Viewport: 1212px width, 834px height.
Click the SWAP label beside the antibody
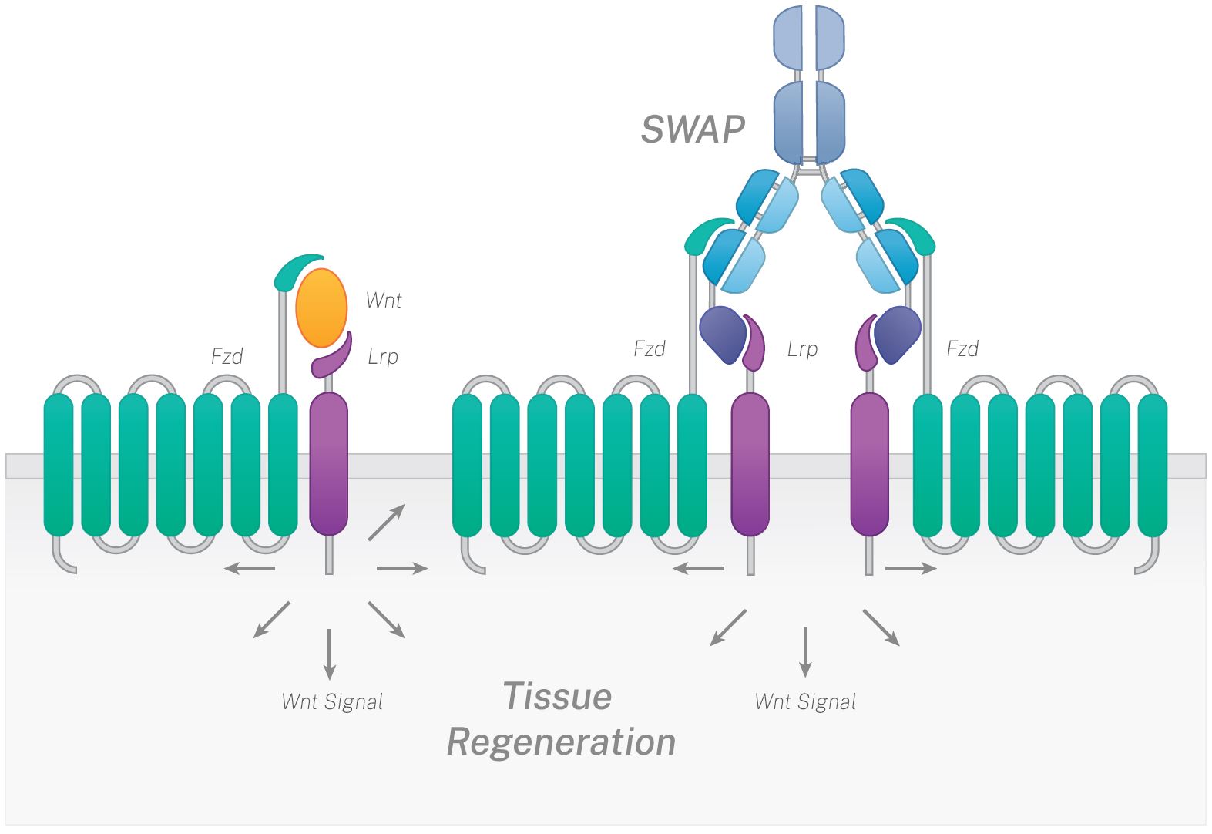tap(693, 129)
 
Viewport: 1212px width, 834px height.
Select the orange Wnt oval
tap(321, 308)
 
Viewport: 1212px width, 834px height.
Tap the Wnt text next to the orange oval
tap(384, 300)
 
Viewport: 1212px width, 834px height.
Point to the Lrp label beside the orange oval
tap(383, 356)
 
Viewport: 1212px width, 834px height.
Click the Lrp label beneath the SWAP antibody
tap(802, 349)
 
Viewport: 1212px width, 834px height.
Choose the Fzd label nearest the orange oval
tap(227, 356)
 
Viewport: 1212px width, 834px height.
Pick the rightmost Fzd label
tap(962, 349)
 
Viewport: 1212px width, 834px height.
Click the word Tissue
tap(557, 697)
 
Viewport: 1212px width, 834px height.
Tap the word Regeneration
tap(561, 742)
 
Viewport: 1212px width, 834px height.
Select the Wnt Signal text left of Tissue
tap(332, 702)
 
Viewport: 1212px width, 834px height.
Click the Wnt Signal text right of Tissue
tap(805, 702)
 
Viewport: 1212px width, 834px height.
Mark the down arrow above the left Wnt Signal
tap(330, 654)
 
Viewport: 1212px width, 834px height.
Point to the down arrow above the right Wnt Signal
tap(805, 651)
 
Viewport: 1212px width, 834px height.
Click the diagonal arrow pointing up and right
tap(387, 522)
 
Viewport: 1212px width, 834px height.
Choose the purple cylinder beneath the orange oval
tap(329, 462)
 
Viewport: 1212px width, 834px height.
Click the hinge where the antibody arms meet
tap(809, 167)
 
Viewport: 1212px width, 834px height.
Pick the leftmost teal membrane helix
tap(59, 464)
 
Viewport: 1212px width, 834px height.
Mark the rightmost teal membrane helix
tap(1153, 464)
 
